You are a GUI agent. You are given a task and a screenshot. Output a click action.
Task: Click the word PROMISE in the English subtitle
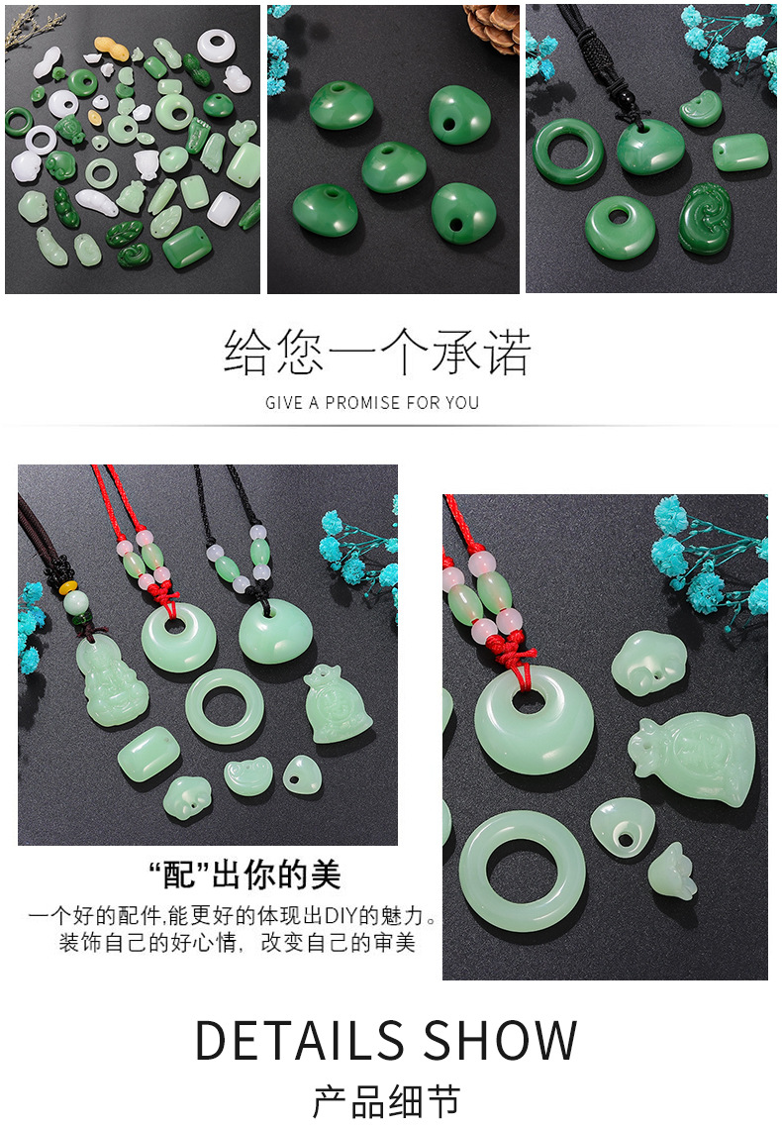click(x=369, y=403)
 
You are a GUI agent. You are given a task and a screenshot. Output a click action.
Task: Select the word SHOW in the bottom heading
click(x=501, y=1040)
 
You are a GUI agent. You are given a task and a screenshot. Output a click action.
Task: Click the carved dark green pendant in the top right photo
click(x=705, y=218)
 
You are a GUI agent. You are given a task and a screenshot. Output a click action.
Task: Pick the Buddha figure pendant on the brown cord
click(x=106, y=683)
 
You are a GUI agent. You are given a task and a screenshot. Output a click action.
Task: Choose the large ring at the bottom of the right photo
click(x=522, y=872)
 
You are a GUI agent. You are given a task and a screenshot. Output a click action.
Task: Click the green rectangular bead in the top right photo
click(x=739, y=152)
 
